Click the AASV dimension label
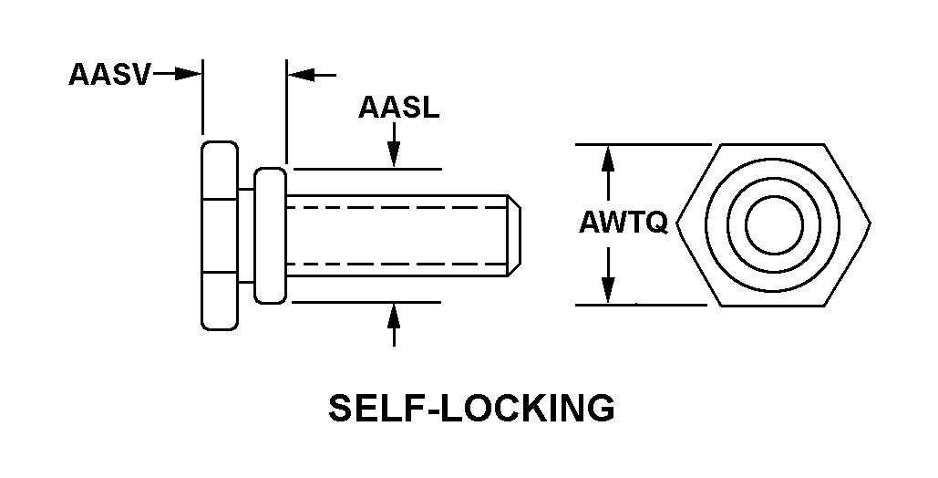(x=109, y=75)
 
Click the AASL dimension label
(x=398, y=108)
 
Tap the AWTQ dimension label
(x=624, y=223)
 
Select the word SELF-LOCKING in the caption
(x=470, y=408)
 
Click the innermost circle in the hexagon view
(x=775, y=223)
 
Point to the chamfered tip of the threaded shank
(x=514, y=234)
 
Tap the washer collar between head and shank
(x=269, y=234)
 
